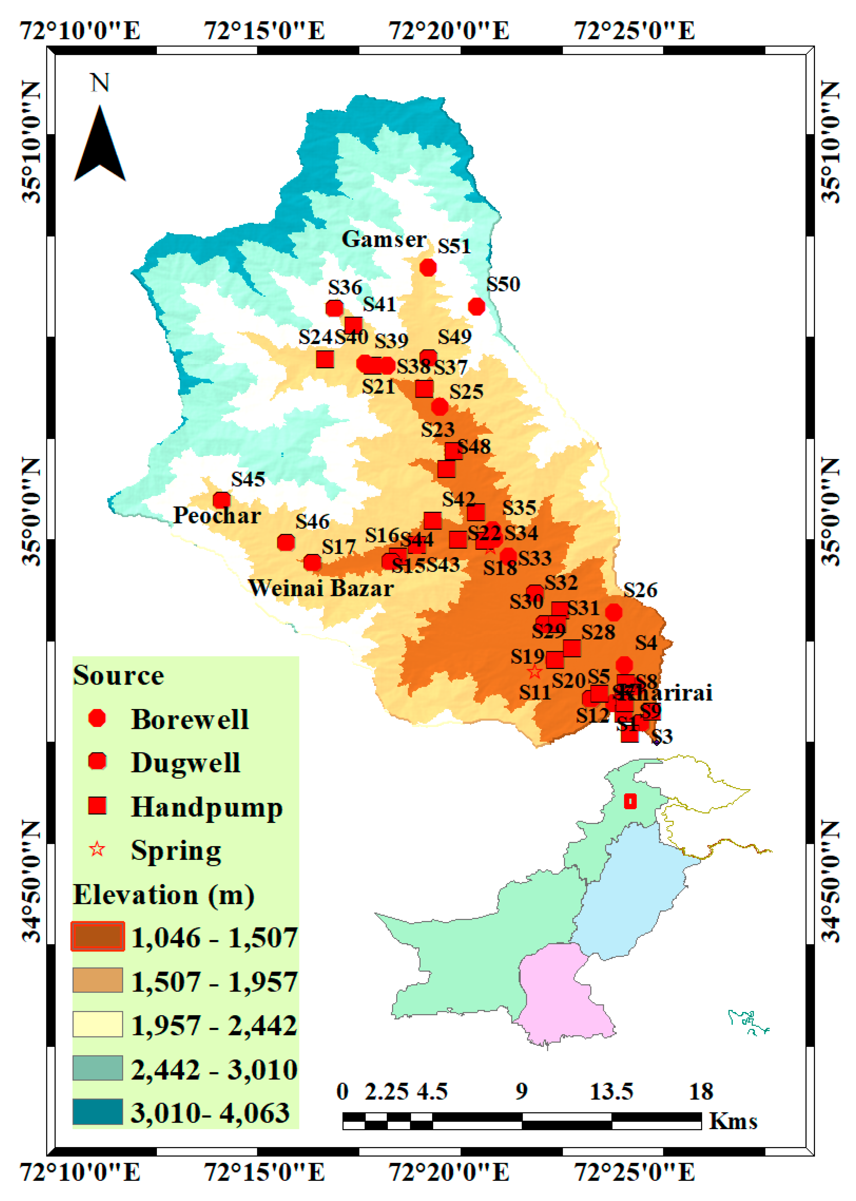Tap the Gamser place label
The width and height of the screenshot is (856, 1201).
pos(384,239)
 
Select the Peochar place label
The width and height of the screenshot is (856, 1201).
pos(217,516)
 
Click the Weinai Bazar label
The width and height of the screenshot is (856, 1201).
pos(321,588)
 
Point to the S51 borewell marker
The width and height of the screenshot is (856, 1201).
pos(428,268)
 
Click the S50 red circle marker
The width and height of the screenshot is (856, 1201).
pos(476,306)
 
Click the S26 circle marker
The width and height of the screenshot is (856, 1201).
pos(613,612)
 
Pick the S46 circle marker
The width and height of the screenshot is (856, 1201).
pos(286,542)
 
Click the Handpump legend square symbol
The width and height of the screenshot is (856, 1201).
pos(98,806)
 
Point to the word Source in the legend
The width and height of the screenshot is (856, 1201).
pos(119,675)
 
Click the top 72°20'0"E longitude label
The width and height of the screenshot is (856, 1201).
pos(449,30)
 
